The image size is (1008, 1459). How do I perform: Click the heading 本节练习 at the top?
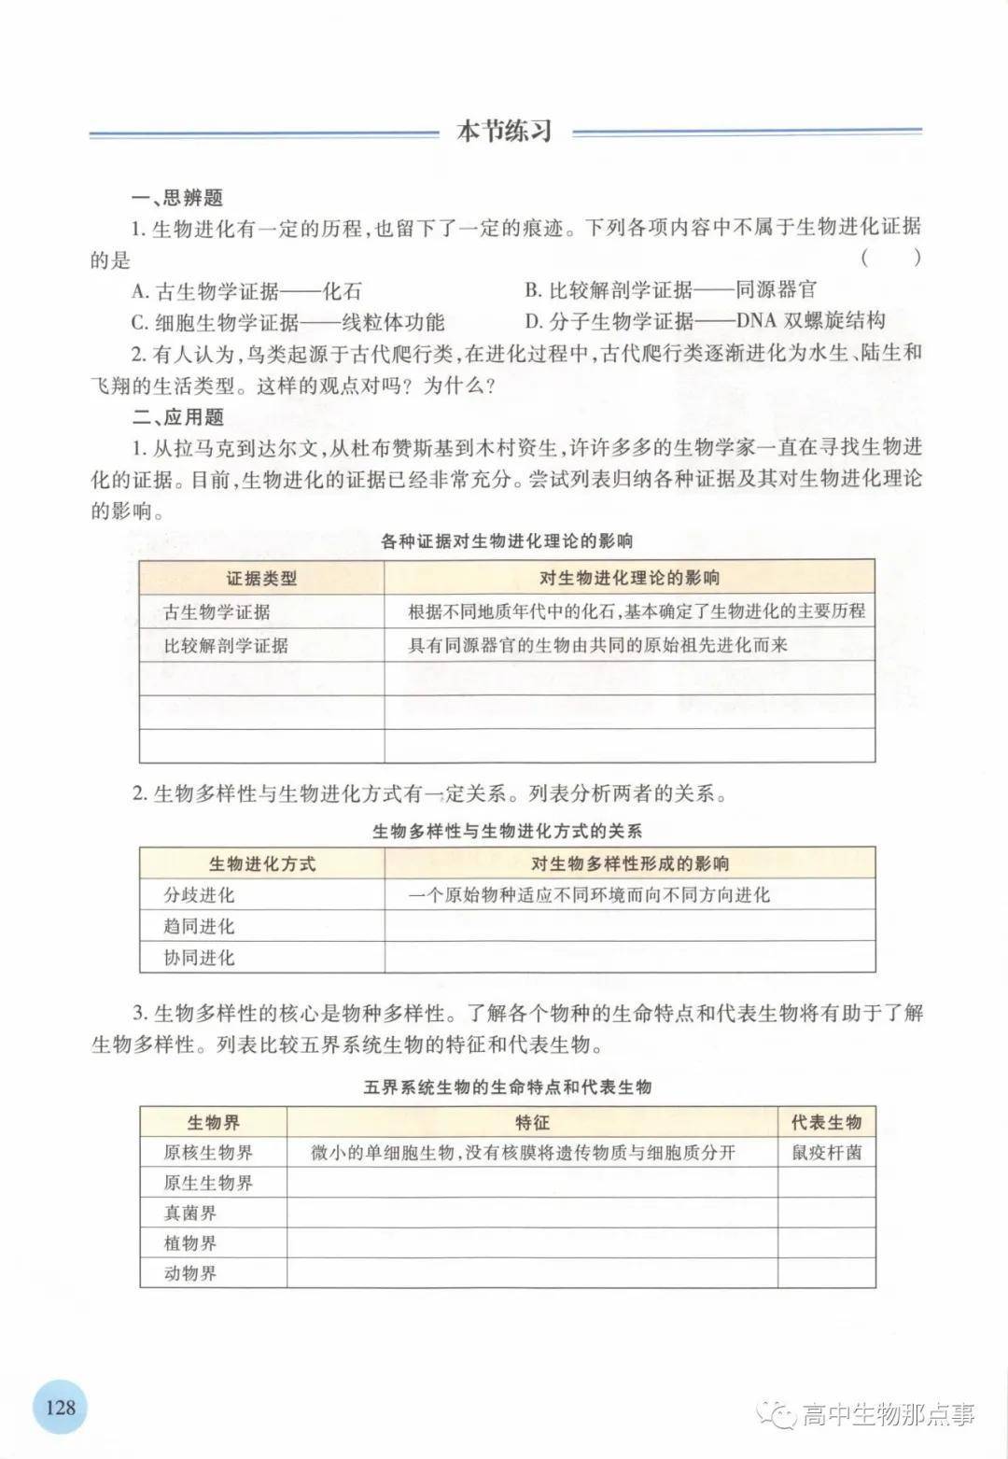(504, 132)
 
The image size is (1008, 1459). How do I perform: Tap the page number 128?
(60, 1405)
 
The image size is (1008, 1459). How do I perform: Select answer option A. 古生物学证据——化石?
(246, 291)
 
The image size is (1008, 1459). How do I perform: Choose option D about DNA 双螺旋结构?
(705, 322)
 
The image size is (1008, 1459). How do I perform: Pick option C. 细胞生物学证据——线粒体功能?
(287, 323)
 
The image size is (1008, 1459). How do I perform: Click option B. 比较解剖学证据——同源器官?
(670, 290)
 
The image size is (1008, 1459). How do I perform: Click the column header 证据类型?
(261, 578)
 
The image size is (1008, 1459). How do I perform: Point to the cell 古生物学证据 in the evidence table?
(217, 612)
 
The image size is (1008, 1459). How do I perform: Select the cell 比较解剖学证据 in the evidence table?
(226, 645)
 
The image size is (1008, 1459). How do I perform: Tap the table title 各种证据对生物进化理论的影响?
(507, 540)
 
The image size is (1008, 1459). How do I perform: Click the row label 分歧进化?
(199, 895)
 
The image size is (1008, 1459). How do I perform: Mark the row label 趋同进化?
(199, 926)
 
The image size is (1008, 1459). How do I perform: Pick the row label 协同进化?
(199, 957)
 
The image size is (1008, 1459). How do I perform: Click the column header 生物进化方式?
(261, 863)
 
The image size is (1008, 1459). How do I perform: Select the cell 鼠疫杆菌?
(826, 1153)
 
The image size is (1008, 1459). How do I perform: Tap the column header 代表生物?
(826, 1122)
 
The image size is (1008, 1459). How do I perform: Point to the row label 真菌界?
(190, 1213)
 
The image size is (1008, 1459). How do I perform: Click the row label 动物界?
(190, 1273)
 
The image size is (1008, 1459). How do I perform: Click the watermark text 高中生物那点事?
(887, 1414)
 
